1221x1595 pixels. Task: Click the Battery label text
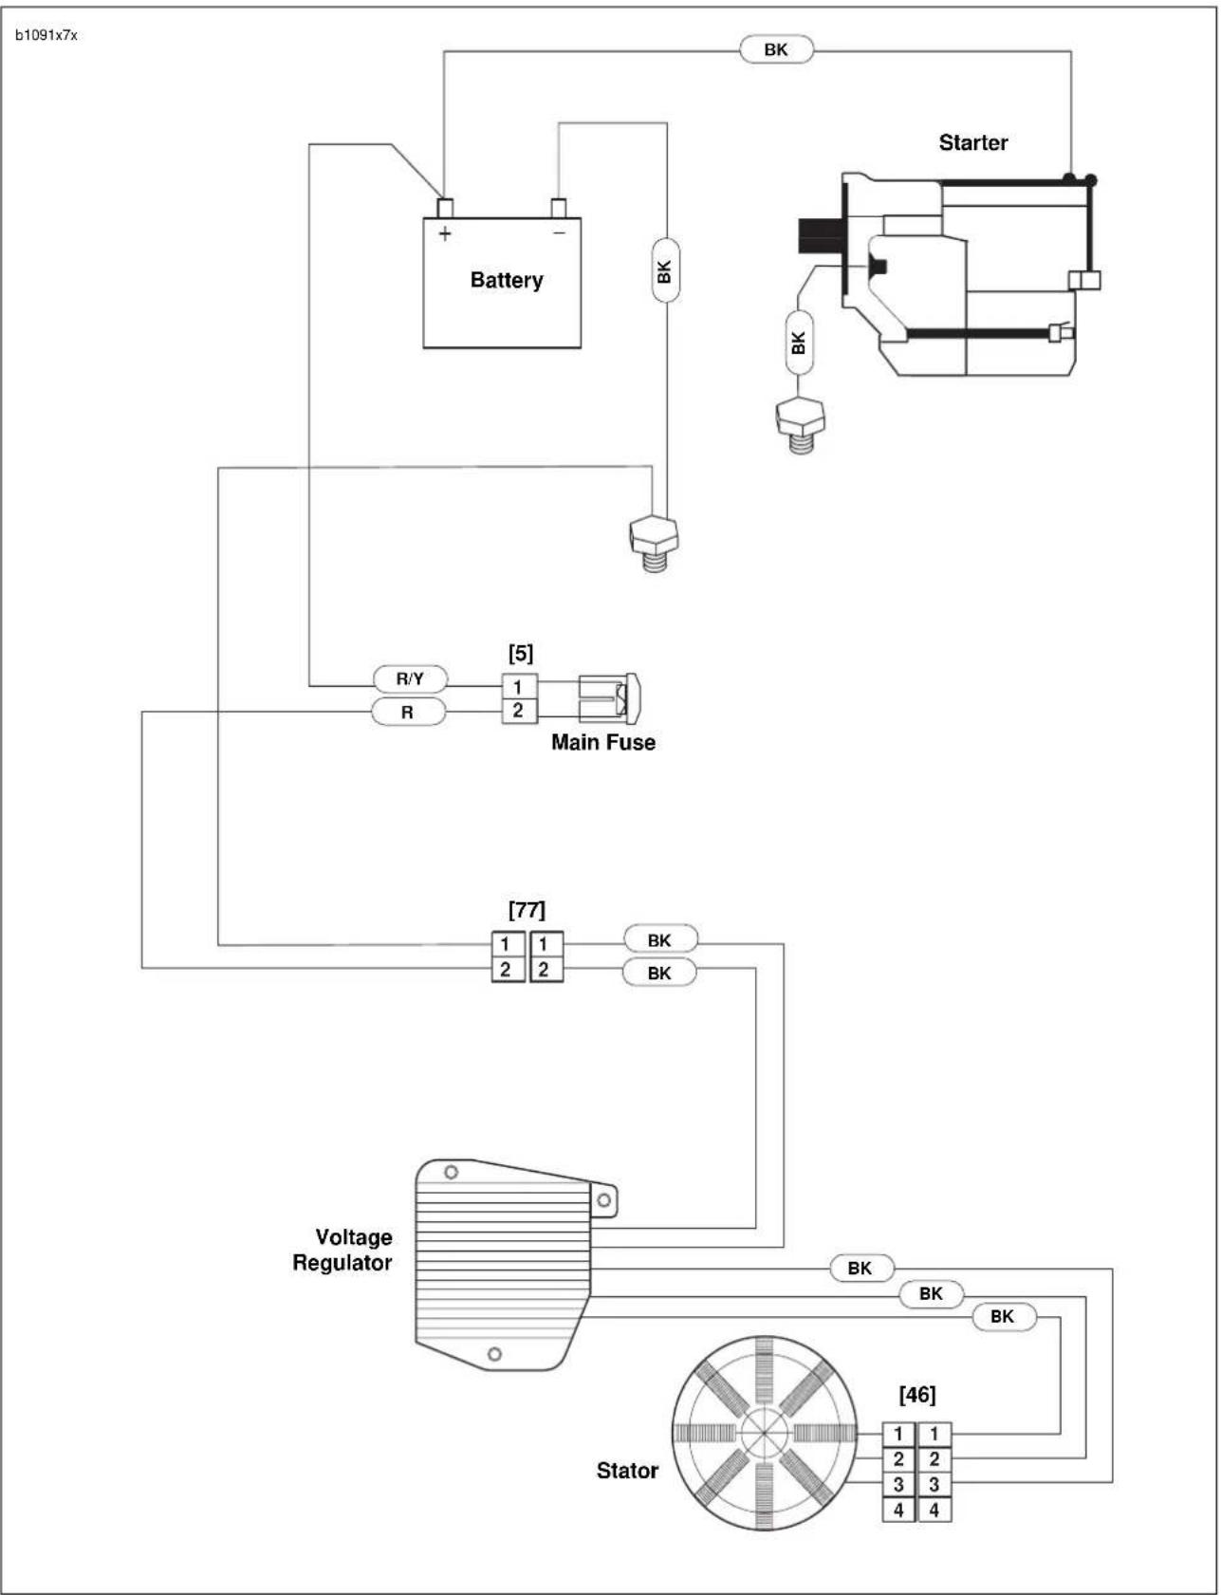(x=507, y=280)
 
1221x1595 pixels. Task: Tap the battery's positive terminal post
(x=444, y=208)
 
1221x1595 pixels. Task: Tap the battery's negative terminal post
(x=559, y=208)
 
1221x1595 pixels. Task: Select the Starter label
(x=973, y=142)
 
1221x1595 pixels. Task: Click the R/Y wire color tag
(x=410, y=679)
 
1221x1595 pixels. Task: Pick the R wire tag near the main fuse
(x=408, y=712)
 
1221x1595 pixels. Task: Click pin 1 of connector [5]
(x=518, y=686)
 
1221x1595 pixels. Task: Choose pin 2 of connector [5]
(x=518, y=711)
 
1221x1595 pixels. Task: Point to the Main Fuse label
(x=603, y=742)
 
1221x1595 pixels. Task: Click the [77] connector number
(x=527, y=910)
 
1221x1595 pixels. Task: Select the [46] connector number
(x=916, y=1395)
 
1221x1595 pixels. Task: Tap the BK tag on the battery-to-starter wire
(x=776, y=49)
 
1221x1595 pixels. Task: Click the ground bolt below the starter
(x=800, y=424)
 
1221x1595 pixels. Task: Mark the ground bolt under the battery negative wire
(x=653, y=543)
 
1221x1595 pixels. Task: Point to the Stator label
(x=627, y=1471)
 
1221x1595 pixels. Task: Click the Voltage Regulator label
(x=342, y=1250)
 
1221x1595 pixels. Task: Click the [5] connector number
(x=521, y=653)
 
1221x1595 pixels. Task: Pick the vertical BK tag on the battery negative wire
(x=665, y=270)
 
